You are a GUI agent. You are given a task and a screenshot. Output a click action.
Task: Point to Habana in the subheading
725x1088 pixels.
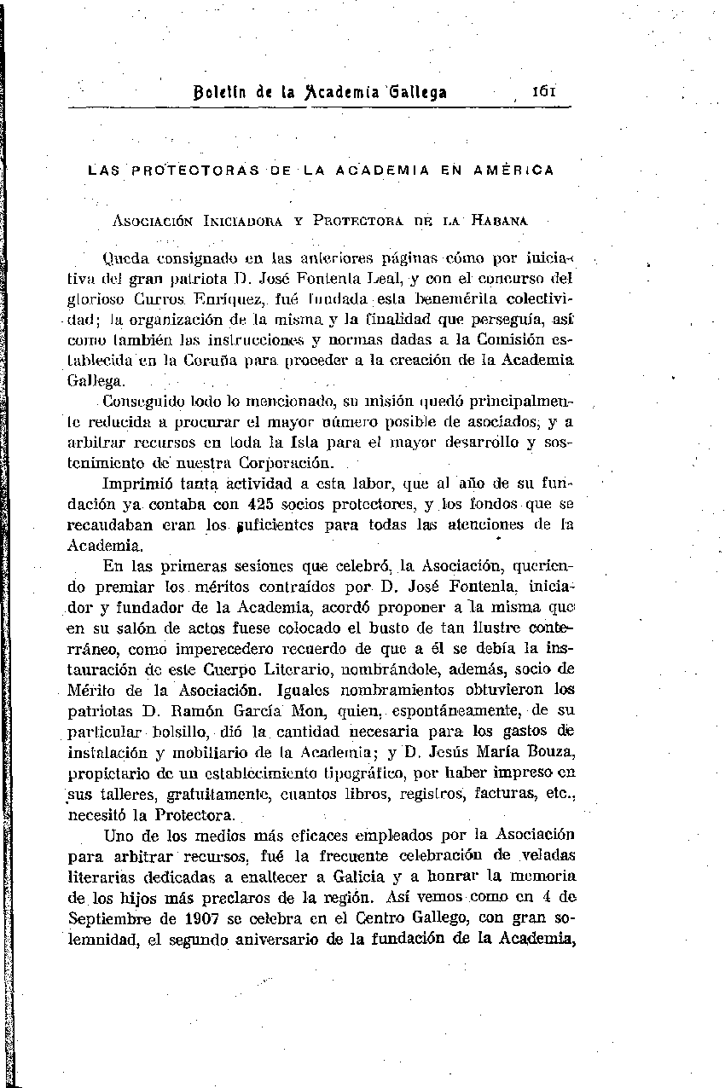pos(500,220)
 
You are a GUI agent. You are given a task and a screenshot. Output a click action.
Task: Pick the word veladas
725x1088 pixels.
pos(549,856)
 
